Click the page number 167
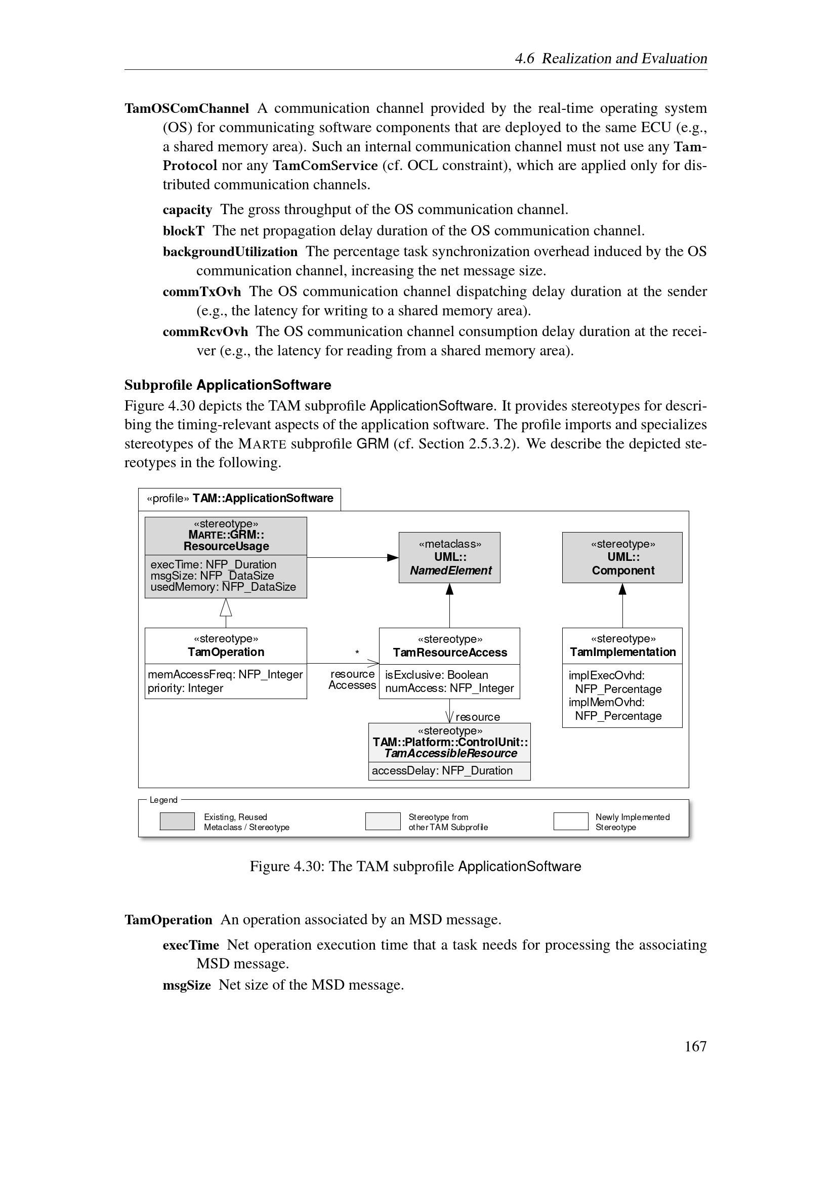695,1046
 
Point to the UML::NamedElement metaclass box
449,557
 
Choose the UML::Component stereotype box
622,557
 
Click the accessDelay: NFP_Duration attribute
442,770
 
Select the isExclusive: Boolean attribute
437,674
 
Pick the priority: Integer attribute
186,688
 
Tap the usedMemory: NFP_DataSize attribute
223,587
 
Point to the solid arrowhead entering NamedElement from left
393,557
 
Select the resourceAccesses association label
353,680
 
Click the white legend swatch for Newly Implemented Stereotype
570,822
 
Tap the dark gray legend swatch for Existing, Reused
177,822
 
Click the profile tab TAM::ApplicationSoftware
240,499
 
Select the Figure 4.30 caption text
415,866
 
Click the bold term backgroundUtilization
230,252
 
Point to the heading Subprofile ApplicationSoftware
228,385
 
